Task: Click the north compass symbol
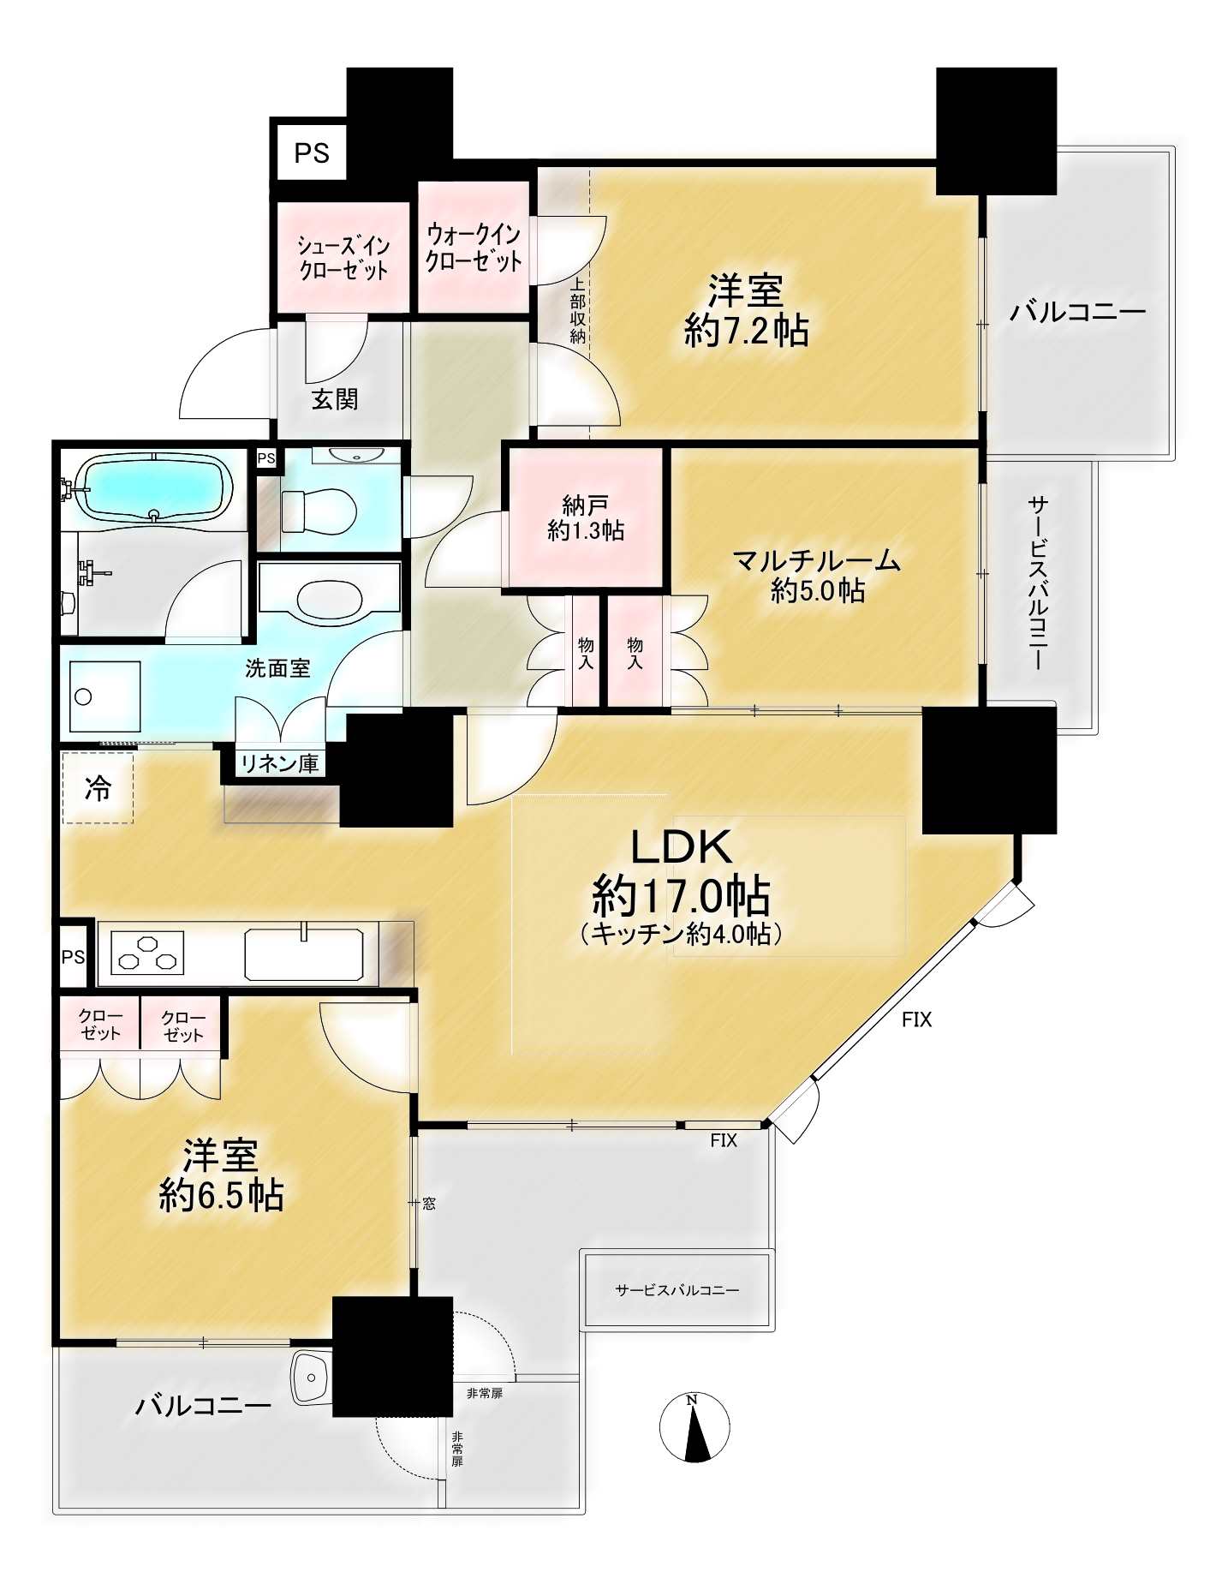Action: click(694, 1427)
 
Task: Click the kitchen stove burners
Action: click(148, 953)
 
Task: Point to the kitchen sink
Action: click(304, 953)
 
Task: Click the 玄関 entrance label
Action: click(334, 398)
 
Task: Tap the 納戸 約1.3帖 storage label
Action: click(586, 517)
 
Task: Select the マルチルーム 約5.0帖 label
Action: click(816, 575)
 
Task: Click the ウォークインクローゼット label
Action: click(474, 247)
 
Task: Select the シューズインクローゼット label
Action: click(343, 258)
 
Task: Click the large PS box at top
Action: click(312, 152)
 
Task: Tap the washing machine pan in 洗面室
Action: click(105, 696)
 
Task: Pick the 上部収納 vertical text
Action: click(578, 310)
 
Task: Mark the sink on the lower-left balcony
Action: click(312, 1378)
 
